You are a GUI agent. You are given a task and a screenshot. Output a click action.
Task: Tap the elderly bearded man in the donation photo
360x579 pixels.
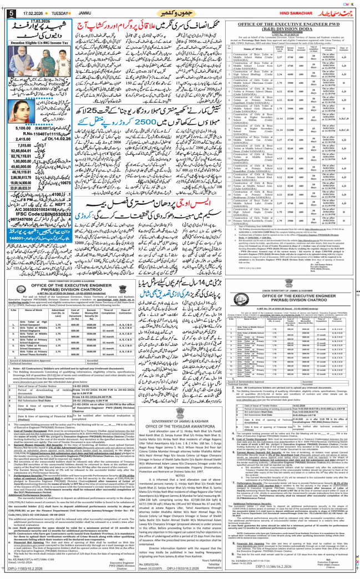coord(26,66)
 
